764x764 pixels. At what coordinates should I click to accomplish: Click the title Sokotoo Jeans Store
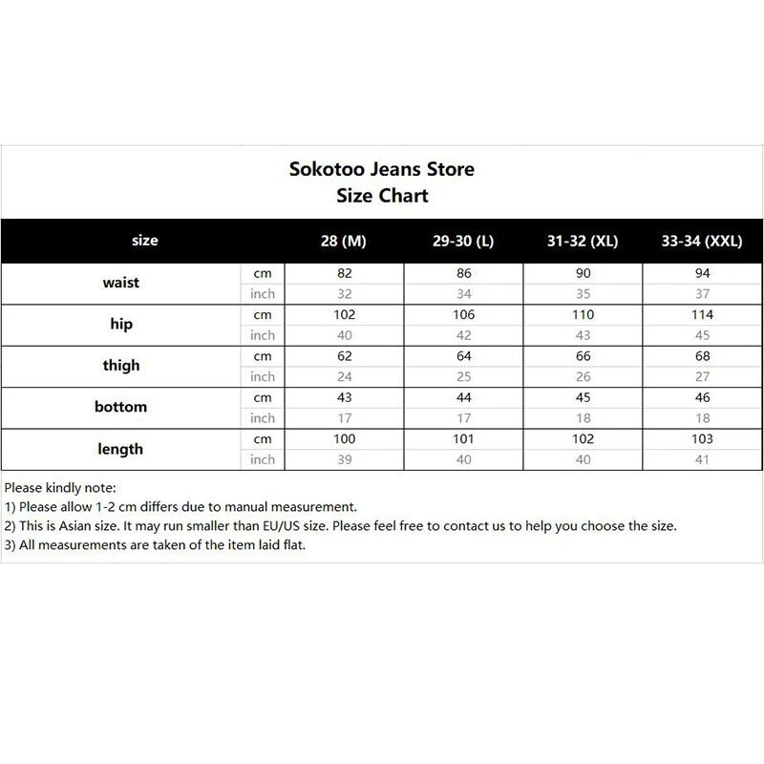(382, 170)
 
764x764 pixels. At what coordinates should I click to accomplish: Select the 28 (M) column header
(344, 242)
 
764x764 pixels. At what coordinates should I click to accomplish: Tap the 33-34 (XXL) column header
(701, 242)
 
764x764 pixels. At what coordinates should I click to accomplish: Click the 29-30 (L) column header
(463, 242)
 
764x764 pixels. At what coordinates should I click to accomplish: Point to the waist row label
(121, 283)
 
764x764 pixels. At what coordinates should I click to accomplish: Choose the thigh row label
(121, 366)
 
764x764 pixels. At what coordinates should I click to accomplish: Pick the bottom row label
(121, 407)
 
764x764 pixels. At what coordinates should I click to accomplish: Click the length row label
(121, 449)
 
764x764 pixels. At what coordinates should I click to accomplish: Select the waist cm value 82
(345, 273)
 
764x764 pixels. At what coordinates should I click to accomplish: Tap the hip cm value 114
(702, 315)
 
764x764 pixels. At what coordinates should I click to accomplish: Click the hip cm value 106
(464, 315)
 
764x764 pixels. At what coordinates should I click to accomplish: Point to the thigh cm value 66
(583, 356)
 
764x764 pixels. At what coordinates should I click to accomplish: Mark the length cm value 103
(702, 438)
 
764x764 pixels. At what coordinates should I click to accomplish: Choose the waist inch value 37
(702, 294)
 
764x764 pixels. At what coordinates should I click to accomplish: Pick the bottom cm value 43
(345, 397)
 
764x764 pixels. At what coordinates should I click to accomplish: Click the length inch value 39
(345, 459)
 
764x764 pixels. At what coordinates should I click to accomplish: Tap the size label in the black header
(145, 241)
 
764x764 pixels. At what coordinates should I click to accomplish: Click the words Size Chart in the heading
(382, 196)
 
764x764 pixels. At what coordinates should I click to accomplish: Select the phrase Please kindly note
(59, 488)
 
